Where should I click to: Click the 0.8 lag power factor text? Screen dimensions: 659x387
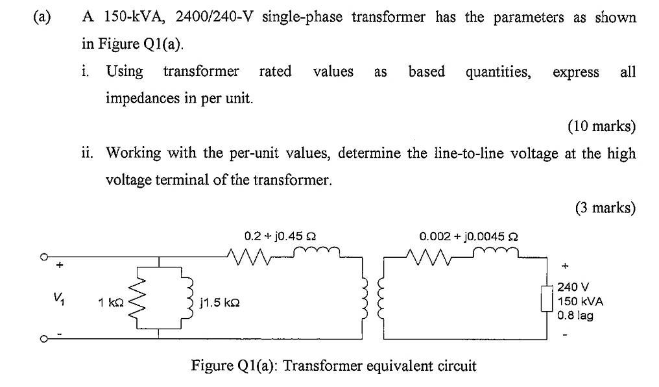[x=576, y=316]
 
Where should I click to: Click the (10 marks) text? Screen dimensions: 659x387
[x=601, y=127]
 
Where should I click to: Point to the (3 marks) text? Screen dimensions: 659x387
[x=605, y=208]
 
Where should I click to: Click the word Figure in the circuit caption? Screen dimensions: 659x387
[x=209, y=366]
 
